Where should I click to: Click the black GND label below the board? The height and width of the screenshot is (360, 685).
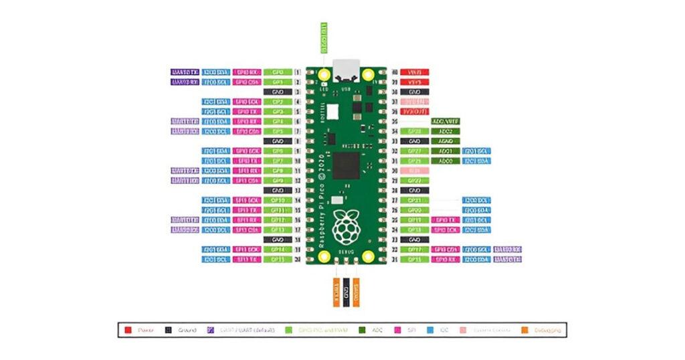(x=346, y=293)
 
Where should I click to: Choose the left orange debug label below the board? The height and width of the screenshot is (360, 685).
(x=335, y=293)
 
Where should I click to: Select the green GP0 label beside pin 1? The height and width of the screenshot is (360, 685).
(x=277, y=72)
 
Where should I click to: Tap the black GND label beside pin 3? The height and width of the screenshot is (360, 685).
(x=277, y=92)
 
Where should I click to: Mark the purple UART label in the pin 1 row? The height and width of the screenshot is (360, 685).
(x=185, y=72)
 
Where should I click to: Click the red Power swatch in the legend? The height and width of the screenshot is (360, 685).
(x=128, y=330)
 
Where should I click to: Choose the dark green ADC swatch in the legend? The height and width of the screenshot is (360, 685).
(x=363, y=330)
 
